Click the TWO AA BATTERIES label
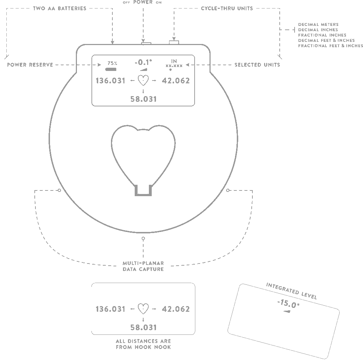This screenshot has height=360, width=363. (60, 8)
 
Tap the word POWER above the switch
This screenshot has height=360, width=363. (143, 2)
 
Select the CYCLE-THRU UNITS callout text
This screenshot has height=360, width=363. (227, 8)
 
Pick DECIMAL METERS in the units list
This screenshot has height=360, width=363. (318, 24)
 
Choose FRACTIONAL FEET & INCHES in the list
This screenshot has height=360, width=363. (330, 46)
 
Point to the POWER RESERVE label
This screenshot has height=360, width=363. (30, 65)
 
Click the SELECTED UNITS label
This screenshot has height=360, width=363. (257, 65)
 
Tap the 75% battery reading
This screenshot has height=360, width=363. (113, 63)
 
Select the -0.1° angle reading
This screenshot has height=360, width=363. (143, 62)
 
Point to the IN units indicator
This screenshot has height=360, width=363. (174, 62)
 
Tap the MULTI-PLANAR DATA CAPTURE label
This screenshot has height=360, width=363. (143, 266)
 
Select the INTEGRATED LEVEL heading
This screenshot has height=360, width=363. (291, 291)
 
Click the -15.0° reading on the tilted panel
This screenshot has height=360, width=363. (288, 304)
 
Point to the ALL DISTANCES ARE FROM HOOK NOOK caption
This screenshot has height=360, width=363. (143, 344)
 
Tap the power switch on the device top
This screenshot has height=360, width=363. (146, 43)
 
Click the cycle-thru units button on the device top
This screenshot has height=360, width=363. (174, 43)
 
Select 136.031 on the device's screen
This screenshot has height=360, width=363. (111, 81)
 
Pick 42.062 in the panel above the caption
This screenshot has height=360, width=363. (176, 309)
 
